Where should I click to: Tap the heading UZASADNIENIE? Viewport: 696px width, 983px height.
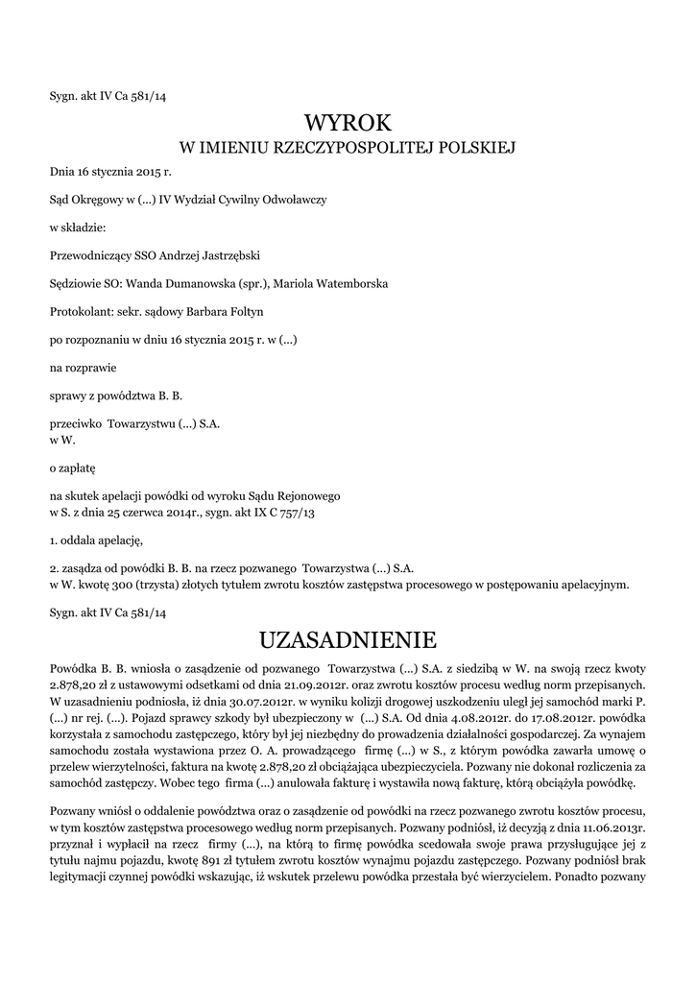coord(348,638)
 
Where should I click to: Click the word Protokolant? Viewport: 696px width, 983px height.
coord(79,312)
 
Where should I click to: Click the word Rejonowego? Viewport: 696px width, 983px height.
coord(308,498)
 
